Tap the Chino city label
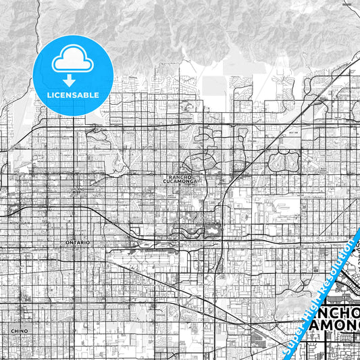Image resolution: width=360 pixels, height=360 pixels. [x=19, y=330]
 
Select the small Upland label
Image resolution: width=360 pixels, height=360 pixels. [x=79, y=189]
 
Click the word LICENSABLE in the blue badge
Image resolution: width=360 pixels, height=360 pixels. [x=72, y=95]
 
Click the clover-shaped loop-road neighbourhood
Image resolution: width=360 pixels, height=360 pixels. [x=284, y=161]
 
